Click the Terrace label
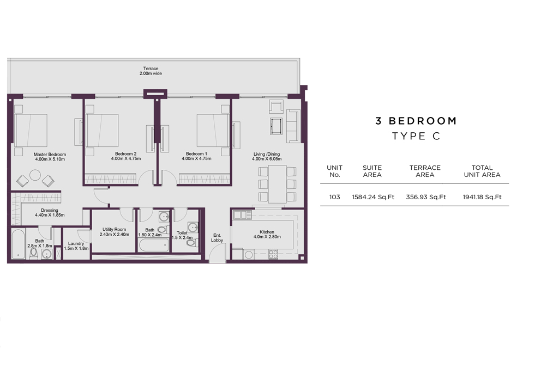[x=151, y=69]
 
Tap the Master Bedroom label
[x=50, y=154]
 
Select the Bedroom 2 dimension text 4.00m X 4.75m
[x=126, y=159]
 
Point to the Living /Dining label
[x=267, y=154]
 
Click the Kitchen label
[x=267, y=232]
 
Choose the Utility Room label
[x=115, y=229]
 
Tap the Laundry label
[x=76, y=243]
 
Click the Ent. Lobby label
[x=217, y=238]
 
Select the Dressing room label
[x=50, y=210]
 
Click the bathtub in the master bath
[x=18, y=244]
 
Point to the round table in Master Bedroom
[x=35, y=175]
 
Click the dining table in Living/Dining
[x=277, y=184]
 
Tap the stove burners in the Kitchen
[x=273, y=254]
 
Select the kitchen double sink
[x=242, y=215]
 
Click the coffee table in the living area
[x=276, y=126]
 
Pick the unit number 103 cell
[x=335, y=197]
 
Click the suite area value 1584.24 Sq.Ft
[x=373, y=197]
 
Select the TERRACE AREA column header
[x=425, y=171]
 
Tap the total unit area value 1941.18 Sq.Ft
[x=482, y=197]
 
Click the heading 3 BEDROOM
[x=416, y=121]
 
